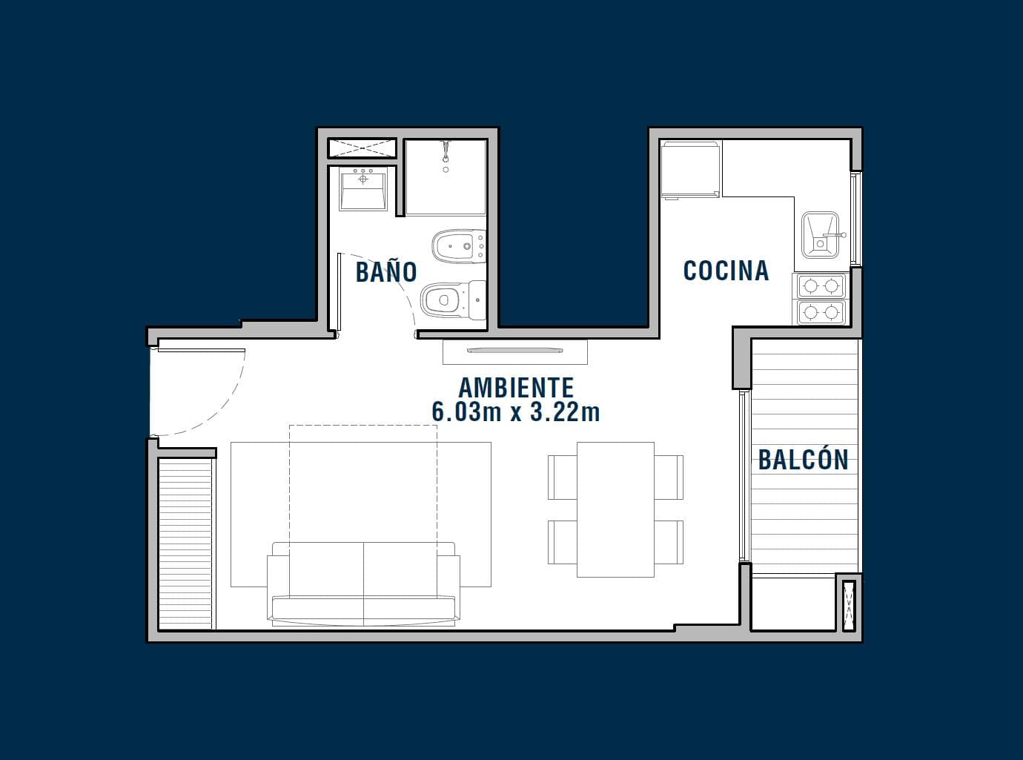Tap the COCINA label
(726, 271)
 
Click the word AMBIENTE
(516, 388)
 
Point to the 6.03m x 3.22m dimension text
(516, 412)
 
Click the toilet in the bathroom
(454, 300)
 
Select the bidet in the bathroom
(459, 246)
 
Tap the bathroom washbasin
(363, 189)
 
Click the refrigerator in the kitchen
(690, 171)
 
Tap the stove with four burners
(821, 300)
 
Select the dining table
(615, 509)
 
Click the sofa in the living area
(363, 584)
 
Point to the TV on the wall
(514, 351)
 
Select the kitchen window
(855, 219)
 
